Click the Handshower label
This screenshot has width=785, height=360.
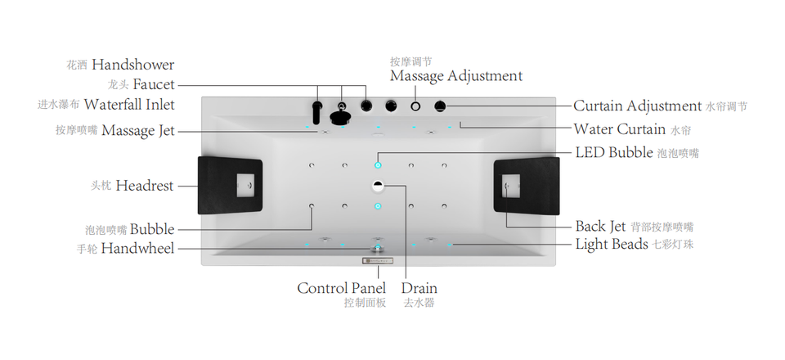(132, 64)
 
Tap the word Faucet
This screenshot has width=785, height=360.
(153, 84)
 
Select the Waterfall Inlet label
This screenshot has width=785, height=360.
(129, 105)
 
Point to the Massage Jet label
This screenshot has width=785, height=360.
(137, 130)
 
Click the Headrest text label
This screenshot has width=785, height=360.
(144, 186)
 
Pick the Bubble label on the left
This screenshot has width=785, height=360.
(151, 229)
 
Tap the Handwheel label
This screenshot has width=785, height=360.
(137, 248)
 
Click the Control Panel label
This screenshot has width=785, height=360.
(341, 288)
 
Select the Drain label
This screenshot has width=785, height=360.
(419, 288)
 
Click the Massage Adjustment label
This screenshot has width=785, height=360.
(455, 76)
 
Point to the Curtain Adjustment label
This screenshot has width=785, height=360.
(637, 106)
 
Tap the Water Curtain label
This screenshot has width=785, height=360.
(619, 129)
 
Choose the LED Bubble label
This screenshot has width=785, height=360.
(613, 152)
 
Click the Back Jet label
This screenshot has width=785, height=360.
(600, 226)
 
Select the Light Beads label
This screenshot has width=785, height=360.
(612, 244)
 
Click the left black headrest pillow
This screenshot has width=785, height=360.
(230, 185)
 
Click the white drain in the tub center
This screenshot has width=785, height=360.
(378, 185)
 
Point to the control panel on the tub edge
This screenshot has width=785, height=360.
(378, 261)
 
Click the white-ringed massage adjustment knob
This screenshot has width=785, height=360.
(415, 106)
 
